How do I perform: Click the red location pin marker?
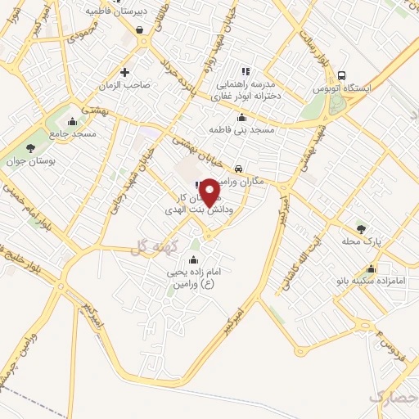click(210, 192)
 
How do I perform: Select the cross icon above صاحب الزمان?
click(124, 71)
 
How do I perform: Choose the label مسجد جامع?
click(72, 133)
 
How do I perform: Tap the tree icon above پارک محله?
click(361, 228)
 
